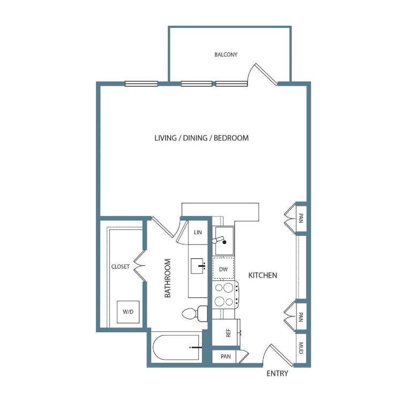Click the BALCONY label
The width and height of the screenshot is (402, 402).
coord(226,55)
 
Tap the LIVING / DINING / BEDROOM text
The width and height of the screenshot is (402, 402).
coord(202,138)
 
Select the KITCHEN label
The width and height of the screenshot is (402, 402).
coord(263,276)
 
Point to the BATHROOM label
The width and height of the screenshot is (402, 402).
coord(167,278)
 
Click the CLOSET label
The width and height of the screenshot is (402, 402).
coord(120,266)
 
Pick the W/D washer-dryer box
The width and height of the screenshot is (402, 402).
coord(128,312)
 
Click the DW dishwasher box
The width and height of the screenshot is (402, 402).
coord(224,268)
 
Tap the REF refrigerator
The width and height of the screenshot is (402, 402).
coord(226,332)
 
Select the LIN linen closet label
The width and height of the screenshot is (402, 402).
coord(198,233)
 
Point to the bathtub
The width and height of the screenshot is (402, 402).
coord(176,348)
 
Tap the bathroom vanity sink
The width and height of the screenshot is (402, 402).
coord(198,266)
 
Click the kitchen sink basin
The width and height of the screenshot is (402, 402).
coord(225,240)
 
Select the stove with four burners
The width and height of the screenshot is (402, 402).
coord(225,295)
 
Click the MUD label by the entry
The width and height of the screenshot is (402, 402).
coord(301,348)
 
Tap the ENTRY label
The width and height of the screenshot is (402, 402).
coord(278,374)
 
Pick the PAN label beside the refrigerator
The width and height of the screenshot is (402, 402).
coord(226,356)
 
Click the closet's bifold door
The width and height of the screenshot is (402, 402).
coord(140,266)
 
